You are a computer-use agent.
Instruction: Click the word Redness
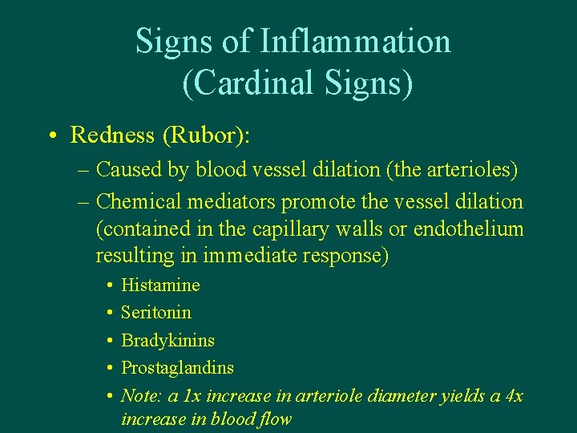112,135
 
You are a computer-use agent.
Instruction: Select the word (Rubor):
207,135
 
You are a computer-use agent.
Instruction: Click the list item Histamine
160,285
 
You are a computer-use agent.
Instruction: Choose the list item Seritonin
156,312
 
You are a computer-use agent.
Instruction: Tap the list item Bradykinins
167,340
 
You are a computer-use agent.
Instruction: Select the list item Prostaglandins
177,367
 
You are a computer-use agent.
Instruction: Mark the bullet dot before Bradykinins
108,341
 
